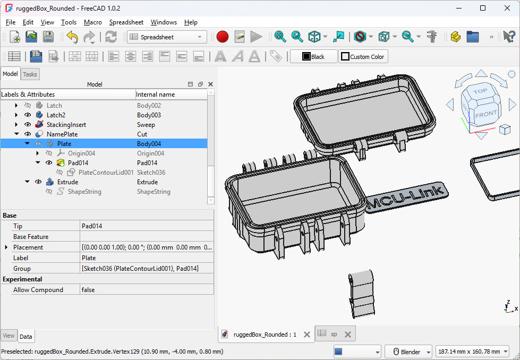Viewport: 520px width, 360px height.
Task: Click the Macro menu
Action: (92, 22)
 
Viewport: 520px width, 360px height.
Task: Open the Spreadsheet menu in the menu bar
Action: (126, 22)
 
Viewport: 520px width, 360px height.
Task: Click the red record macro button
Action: (223, 37)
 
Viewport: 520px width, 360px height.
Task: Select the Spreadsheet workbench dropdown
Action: (167, 37)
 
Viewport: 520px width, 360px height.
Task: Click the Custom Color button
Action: (363, 57)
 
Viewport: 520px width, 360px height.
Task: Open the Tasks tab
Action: (30, 74)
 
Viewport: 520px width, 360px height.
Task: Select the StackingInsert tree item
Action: (66, 125)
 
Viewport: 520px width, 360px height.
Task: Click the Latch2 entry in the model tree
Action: (56, 115)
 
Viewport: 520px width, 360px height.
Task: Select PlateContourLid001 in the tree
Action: (106, 173)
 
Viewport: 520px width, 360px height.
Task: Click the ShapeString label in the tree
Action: (84, 192)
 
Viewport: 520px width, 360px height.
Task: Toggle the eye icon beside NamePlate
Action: (28, 134)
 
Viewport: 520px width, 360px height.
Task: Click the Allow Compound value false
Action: (88, 290)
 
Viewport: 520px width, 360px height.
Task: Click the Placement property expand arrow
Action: (6, 247)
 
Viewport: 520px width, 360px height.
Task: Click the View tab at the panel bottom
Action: (8, 336)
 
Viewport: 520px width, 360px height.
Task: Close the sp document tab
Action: (347, 335)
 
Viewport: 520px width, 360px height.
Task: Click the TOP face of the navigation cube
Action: (480, 91)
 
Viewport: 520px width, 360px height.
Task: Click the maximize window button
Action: (482, 8)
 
